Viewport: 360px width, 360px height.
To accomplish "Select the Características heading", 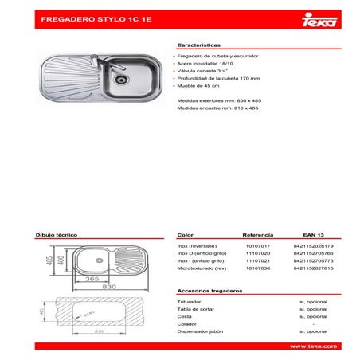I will [200, 46].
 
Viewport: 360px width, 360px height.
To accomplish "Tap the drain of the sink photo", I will [120, 78].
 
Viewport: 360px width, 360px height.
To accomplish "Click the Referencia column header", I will [257, 236].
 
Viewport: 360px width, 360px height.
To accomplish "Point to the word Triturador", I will [190, 303].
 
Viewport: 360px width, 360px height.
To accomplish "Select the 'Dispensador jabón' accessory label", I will [198, 331].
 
